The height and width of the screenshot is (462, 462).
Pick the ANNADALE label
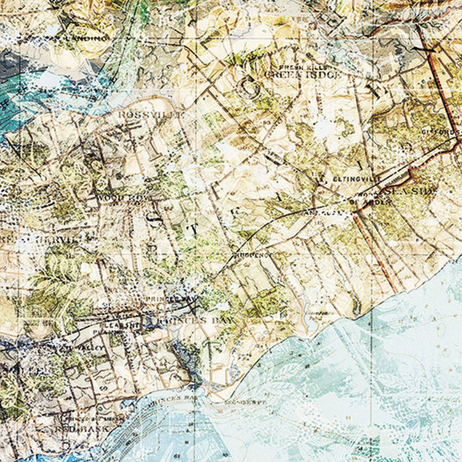[317, 213]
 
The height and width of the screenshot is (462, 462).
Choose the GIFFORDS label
[445, 132]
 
